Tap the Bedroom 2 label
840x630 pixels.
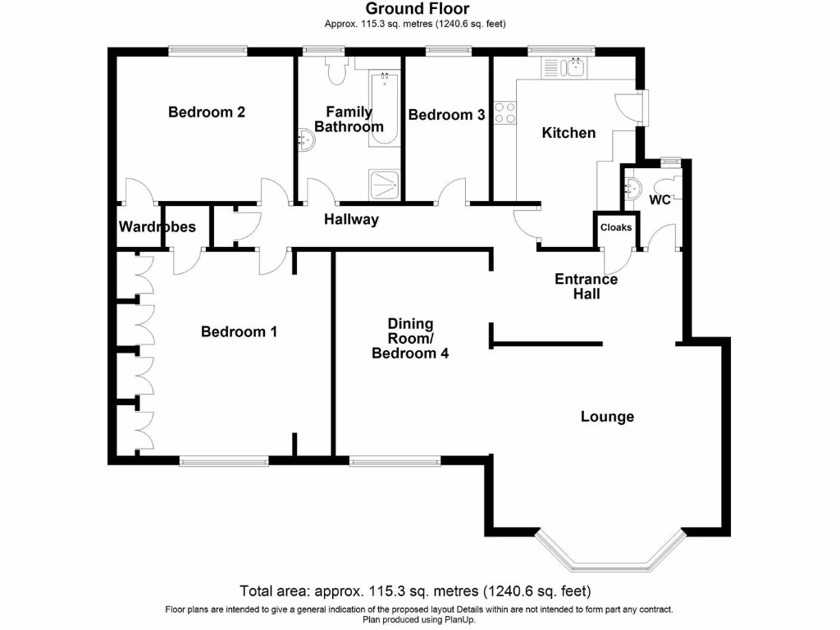(207, 112)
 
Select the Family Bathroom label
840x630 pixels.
(349, 119)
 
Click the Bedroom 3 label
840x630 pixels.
(446, 115)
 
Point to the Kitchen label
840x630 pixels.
(568, 132)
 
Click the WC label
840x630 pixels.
(660, 199)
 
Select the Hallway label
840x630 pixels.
(351, 219)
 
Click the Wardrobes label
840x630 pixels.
(157, 226)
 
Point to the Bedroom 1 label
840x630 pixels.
(239, 331)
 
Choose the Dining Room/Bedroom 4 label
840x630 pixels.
(410, 339)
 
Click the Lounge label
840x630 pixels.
(607, 417)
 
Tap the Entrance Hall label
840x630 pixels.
(586, 286)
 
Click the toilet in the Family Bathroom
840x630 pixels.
(336, 71)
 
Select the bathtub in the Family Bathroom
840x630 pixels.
(384, 109)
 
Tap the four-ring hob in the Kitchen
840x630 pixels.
(504, 113)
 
